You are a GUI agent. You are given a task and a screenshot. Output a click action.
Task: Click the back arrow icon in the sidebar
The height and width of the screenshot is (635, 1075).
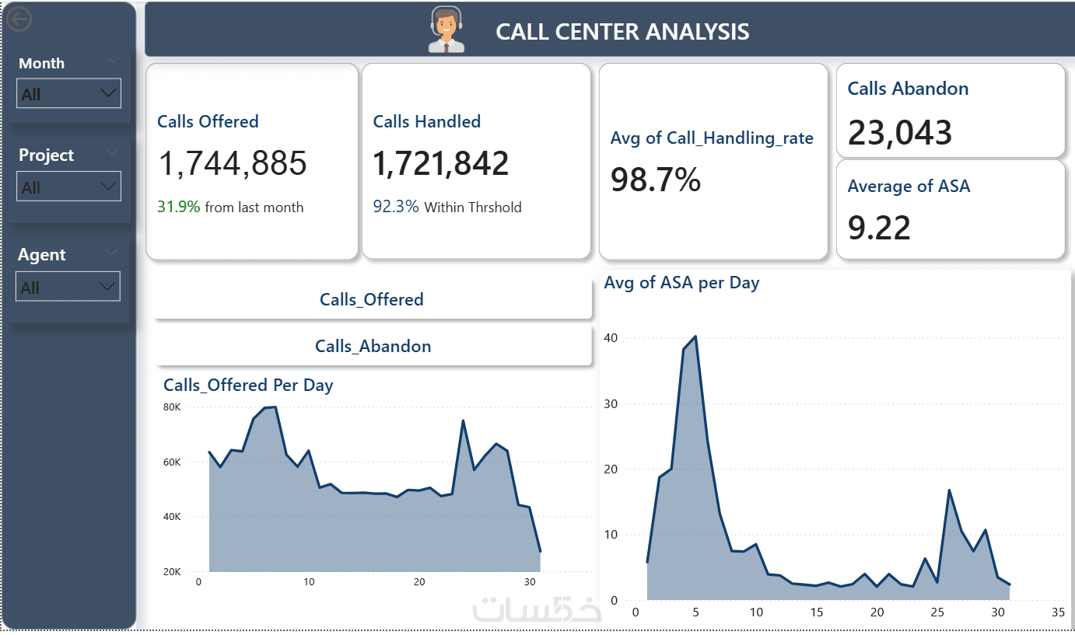coord(19,19)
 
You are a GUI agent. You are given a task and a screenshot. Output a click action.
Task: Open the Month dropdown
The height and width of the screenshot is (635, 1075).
coord(68,93)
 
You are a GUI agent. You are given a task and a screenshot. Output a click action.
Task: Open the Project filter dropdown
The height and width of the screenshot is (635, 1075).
coord(68,187)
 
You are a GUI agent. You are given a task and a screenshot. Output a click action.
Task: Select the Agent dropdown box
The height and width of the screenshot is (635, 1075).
coord(68,287)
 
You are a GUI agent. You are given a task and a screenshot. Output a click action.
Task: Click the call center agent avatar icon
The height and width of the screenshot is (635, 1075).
coord(446,30)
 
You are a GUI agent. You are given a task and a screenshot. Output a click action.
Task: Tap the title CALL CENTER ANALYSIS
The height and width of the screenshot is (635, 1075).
coord(622,32)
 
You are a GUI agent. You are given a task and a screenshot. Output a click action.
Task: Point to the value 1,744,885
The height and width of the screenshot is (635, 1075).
coord(233,163)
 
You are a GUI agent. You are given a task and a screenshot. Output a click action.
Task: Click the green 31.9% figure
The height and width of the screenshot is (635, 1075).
coord(178,208)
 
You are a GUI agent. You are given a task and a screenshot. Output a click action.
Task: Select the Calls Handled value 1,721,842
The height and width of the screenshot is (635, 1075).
coord(440,163)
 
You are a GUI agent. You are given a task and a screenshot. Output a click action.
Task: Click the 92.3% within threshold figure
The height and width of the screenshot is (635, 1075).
coord(395,208)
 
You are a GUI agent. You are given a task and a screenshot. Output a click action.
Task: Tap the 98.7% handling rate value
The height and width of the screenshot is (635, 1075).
coord(655,180)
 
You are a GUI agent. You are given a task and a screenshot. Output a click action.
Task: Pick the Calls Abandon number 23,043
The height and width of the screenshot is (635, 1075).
coord(899,132)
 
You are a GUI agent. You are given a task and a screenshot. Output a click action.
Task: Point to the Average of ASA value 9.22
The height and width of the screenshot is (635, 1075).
coord(879,228)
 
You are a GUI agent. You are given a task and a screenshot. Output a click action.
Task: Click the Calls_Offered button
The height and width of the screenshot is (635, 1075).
coord(372,300)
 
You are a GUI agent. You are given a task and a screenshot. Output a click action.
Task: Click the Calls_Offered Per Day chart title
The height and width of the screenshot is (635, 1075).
coord(248,385)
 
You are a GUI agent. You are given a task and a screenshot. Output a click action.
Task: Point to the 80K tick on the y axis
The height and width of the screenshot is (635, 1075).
coord(172,407)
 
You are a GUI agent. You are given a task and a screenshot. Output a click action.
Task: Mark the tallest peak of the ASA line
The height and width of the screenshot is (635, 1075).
coord(695,337)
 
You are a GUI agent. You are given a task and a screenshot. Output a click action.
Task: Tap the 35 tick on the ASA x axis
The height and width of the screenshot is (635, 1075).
coord(1057,612)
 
